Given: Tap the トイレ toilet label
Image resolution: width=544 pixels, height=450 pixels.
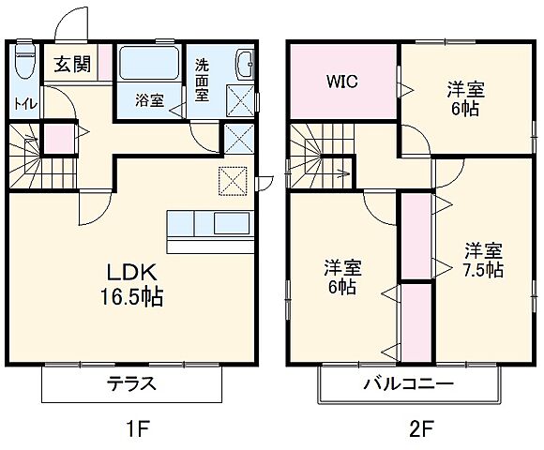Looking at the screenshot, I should point(24,104).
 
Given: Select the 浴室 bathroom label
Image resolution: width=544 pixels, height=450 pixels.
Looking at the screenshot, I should point(148,99).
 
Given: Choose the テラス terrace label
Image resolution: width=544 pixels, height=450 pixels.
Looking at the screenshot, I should point(130,384).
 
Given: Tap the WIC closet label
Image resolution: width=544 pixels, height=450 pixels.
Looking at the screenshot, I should point(341,81).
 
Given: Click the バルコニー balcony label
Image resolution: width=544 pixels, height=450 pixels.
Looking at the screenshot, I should point(408,384).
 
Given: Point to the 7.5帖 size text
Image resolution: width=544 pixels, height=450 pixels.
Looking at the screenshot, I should point(484,270).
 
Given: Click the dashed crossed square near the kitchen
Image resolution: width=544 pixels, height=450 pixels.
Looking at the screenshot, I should point(232,179).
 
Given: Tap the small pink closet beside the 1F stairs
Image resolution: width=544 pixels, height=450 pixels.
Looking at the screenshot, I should point(59,137).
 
